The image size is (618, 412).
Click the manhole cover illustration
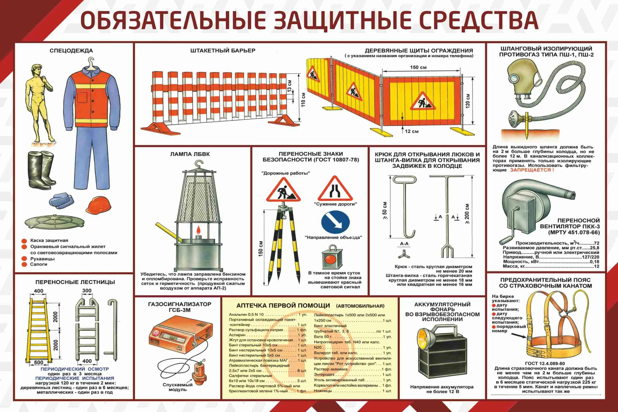click(55, 222)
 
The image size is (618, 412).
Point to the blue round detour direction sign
click(335, 222)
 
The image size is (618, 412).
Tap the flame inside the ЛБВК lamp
click(198, 230)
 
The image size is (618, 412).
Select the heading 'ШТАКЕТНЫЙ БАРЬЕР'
click(223, 50)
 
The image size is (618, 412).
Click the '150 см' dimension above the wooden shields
click(418, 67)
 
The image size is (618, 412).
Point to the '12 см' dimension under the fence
click(412, 131)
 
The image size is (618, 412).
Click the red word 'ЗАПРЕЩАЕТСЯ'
click(532, 170)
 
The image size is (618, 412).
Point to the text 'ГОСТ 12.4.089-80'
click(545, 363)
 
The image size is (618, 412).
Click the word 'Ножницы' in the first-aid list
click(323, 391)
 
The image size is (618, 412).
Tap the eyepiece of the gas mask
click(512, 78)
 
